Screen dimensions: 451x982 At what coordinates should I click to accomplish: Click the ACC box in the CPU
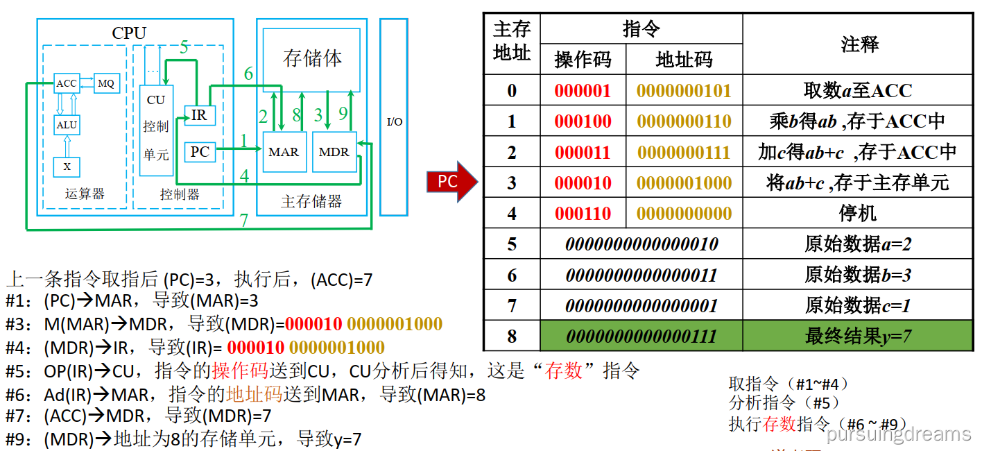pyautogui.click(x=67, y=83)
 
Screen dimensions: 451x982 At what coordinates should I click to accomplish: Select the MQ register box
pyautogui.click(x=106, y=83)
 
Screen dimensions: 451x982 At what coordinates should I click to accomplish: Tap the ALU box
pyautogui.click(x=67, y=125)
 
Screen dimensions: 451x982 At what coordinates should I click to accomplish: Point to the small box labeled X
pyautogui.click(x=67, y=167)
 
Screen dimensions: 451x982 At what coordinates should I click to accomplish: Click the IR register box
pyautogui.click(x=199, y=115)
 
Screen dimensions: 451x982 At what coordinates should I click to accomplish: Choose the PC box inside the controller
pyautogui.click(x=200, y=152)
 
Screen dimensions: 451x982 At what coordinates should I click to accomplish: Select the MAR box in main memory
pyautogui.click(x=283, y=152)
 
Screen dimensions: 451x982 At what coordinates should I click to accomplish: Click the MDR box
pyautogui.click(x=334, y=152)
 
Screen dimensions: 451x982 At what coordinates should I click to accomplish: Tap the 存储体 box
pyautogui.click(x=312, y=58)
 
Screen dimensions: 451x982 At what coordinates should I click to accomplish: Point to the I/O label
pyautogui.click(x=394, y=122)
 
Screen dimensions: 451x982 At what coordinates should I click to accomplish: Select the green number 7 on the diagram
pyautogui.click(x=243, y=221)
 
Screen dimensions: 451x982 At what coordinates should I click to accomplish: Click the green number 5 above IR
pyautogui.click(x=184, y=48)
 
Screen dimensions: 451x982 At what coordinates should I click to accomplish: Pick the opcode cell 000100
pyautogui.click(x=583, y=121)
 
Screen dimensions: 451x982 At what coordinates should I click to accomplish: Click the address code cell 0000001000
pyautogui.click(x=684, y=183)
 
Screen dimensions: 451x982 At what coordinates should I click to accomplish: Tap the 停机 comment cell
pyautogui.click(x=858, y=214)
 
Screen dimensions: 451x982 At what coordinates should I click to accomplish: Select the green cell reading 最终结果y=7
pyautogui.click(x=858, y=337)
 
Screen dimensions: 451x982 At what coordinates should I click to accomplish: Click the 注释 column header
pyautogui.click(x=859, y=44)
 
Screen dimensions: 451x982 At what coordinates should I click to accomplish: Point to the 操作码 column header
pyautogui.click(x=583, y=60)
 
